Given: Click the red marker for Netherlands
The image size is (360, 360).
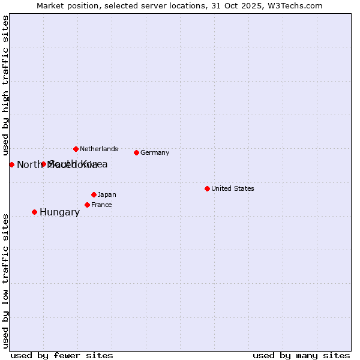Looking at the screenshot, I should [76, 149].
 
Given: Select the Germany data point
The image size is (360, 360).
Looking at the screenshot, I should [137, 152].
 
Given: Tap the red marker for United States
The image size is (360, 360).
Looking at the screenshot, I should [207, 188].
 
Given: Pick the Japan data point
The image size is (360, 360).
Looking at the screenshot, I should [94, 194].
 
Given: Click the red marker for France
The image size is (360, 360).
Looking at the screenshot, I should [87, 205].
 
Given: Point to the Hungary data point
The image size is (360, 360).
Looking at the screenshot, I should [34, 212].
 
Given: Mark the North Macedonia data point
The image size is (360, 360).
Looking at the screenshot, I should [11, 164].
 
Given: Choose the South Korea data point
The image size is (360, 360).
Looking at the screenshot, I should [43, 164].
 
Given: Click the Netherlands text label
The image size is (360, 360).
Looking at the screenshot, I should [99, 149].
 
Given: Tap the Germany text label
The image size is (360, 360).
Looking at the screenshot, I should [155, 152].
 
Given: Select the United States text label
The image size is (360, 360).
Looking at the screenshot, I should [233, 188].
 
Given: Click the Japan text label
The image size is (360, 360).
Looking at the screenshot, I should [107, 194].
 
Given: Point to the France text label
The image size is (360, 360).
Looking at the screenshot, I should [101, 205].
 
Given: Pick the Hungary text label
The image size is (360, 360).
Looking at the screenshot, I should [59, 212].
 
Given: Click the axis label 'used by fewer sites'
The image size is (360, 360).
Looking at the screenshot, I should [62, 355].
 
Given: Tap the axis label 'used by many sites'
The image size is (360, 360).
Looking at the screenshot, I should [301, 355].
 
